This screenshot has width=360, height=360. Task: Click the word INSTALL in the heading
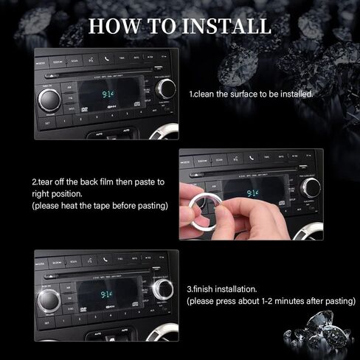click(224, 26)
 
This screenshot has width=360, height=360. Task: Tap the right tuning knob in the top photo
click(167, 89)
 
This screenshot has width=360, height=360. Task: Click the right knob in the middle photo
click(311, 187)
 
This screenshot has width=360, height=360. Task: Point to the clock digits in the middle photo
click(253, 193)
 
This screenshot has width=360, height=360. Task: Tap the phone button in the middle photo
click(251, 157)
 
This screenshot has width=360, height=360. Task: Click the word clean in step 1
click(210, 95)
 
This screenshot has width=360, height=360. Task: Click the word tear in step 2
click(48, 181)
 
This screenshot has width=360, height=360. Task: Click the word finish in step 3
click(209, 289)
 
